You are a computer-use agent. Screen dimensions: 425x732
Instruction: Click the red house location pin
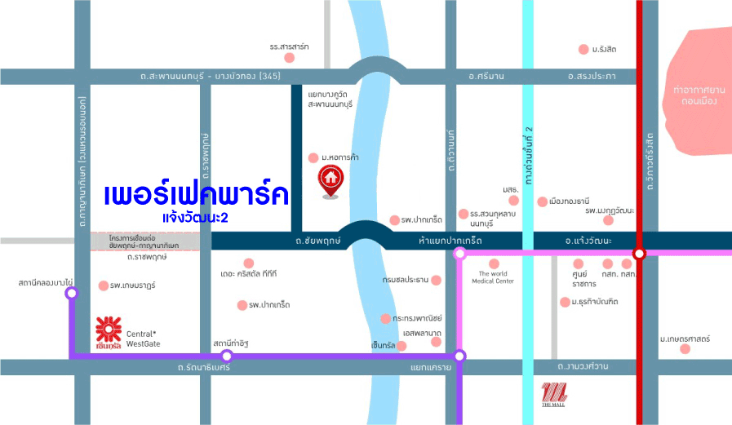point(331,179)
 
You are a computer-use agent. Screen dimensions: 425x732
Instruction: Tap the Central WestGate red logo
point(109,331)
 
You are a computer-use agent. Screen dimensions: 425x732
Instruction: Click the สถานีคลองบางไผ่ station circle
point(71,292)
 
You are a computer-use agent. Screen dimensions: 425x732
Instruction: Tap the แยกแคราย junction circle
point(459,356)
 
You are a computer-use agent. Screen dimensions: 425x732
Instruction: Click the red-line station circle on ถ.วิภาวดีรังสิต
point(640,254)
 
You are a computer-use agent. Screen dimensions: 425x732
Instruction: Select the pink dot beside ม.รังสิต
point(583,50)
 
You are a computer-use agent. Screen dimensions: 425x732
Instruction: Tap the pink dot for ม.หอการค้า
point(313,157)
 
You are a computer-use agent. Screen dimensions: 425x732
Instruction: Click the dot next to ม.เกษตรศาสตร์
point(685,349)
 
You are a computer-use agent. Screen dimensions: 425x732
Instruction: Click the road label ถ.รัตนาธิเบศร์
point(204,368)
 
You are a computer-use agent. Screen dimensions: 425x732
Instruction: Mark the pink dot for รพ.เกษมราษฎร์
point(103,286)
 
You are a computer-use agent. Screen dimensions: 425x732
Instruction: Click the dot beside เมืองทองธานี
point(543,201)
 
